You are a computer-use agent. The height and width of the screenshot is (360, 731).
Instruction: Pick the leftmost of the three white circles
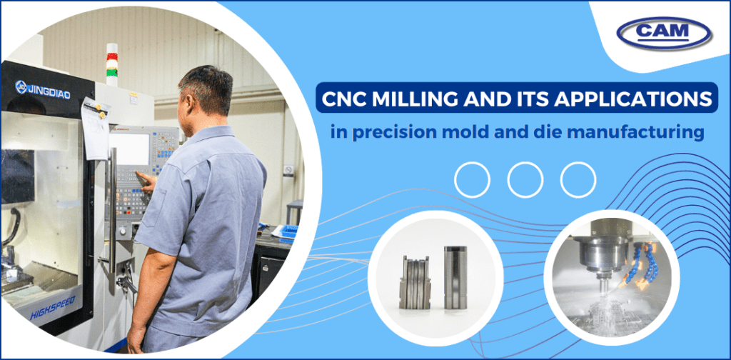(472, 179)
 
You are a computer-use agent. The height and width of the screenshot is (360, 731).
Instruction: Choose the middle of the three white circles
(525, 179)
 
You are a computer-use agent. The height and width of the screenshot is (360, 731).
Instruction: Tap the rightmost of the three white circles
(578, 179)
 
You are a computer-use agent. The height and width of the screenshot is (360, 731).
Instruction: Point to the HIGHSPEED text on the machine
(56, 311)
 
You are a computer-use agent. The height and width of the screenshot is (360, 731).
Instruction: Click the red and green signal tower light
(111, 60)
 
